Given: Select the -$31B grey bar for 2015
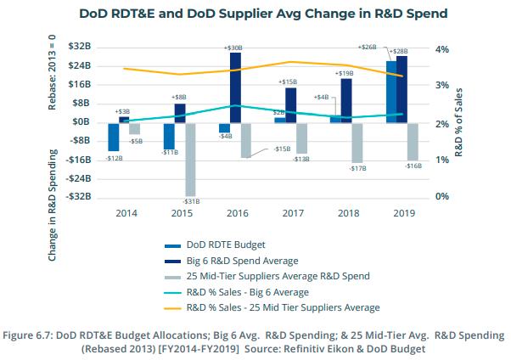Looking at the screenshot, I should click(190, 159).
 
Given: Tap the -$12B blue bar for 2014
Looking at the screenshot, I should click(113, 137).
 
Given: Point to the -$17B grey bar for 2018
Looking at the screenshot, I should click(357, 143).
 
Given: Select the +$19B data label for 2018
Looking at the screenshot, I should click(345, 72).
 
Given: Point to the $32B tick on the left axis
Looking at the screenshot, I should click(81, 47).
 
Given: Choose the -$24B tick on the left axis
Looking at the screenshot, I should click(79, 178).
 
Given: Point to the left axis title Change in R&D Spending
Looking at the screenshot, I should click(53, 205).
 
